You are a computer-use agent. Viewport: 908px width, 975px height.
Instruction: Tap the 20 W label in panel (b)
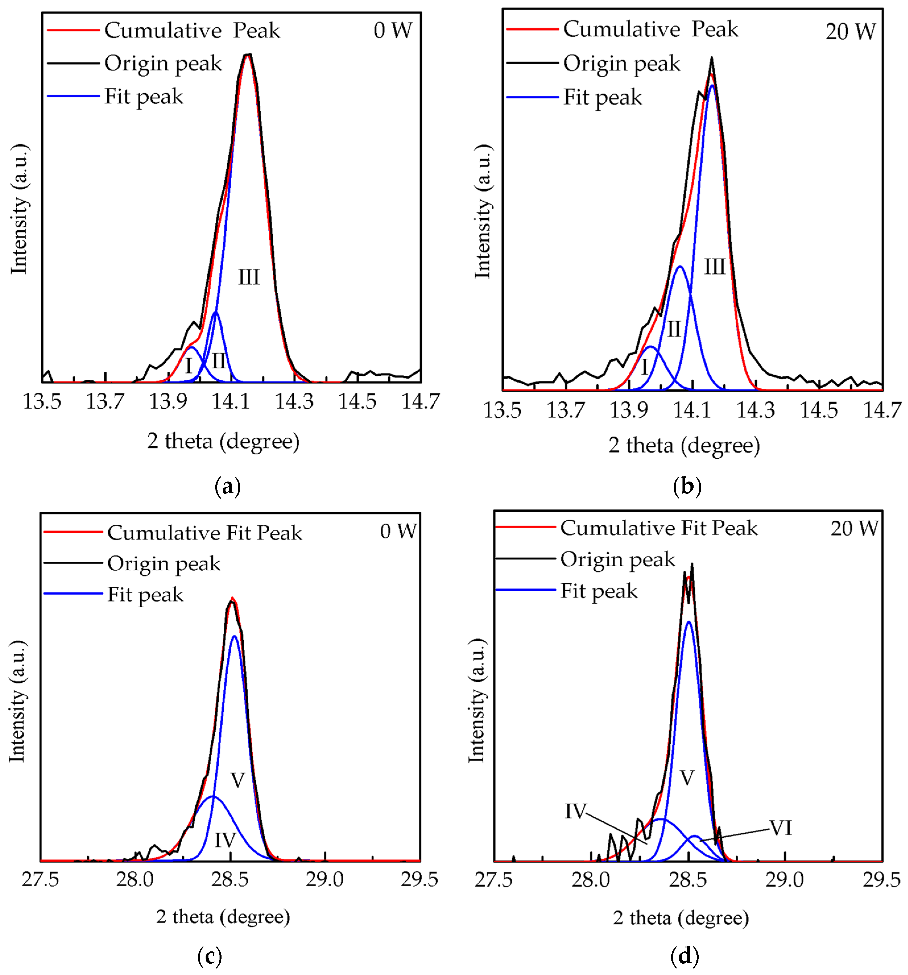coord(850,32)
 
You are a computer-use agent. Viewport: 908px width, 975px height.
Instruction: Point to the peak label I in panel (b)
coord(644,367)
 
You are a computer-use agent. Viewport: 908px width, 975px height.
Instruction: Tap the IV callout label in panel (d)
coord(575,811)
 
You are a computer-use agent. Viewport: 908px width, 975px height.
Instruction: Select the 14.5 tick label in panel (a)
coord(357,402)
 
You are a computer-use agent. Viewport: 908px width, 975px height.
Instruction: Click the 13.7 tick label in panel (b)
coord(565,410)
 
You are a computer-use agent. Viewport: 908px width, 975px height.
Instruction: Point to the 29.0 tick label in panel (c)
coord(324,879)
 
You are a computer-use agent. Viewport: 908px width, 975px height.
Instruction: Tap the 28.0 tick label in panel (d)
coord(590,880)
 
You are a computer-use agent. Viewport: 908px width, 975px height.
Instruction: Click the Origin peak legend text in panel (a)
coord(163,64)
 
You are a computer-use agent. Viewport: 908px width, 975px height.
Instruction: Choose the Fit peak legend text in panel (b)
coord(602,97)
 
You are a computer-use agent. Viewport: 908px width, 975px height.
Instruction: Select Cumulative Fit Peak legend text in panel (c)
coord(204,533)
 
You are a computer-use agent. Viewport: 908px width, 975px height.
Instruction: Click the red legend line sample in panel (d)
coord(525,527)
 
